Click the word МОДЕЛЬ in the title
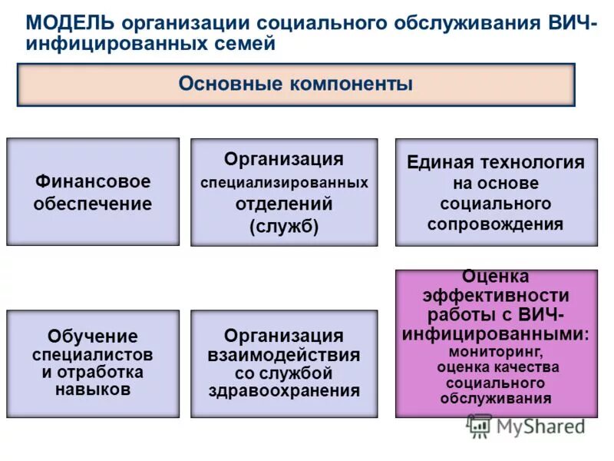tap(70, 22)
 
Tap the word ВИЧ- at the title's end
tap(570, 22)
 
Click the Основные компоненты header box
tap(295, 84)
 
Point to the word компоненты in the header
tap(351, 84)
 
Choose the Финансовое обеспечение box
tap(93, 192)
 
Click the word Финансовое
tap(93, 182)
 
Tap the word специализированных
tap(284, 183)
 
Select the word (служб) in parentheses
tap(284, 227)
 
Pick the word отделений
tap(284, 204)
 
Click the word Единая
tap(440, 163)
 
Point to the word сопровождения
tap(495, 224)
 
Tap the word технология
tap(532, 163)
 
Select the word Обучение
tap(93, 336)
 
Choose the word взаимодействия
tap(284, 355)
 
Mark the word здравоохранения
tap(284, 390)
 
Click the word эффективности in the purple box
tap(495, 296)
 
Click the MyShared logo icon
tap(480, 426)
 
